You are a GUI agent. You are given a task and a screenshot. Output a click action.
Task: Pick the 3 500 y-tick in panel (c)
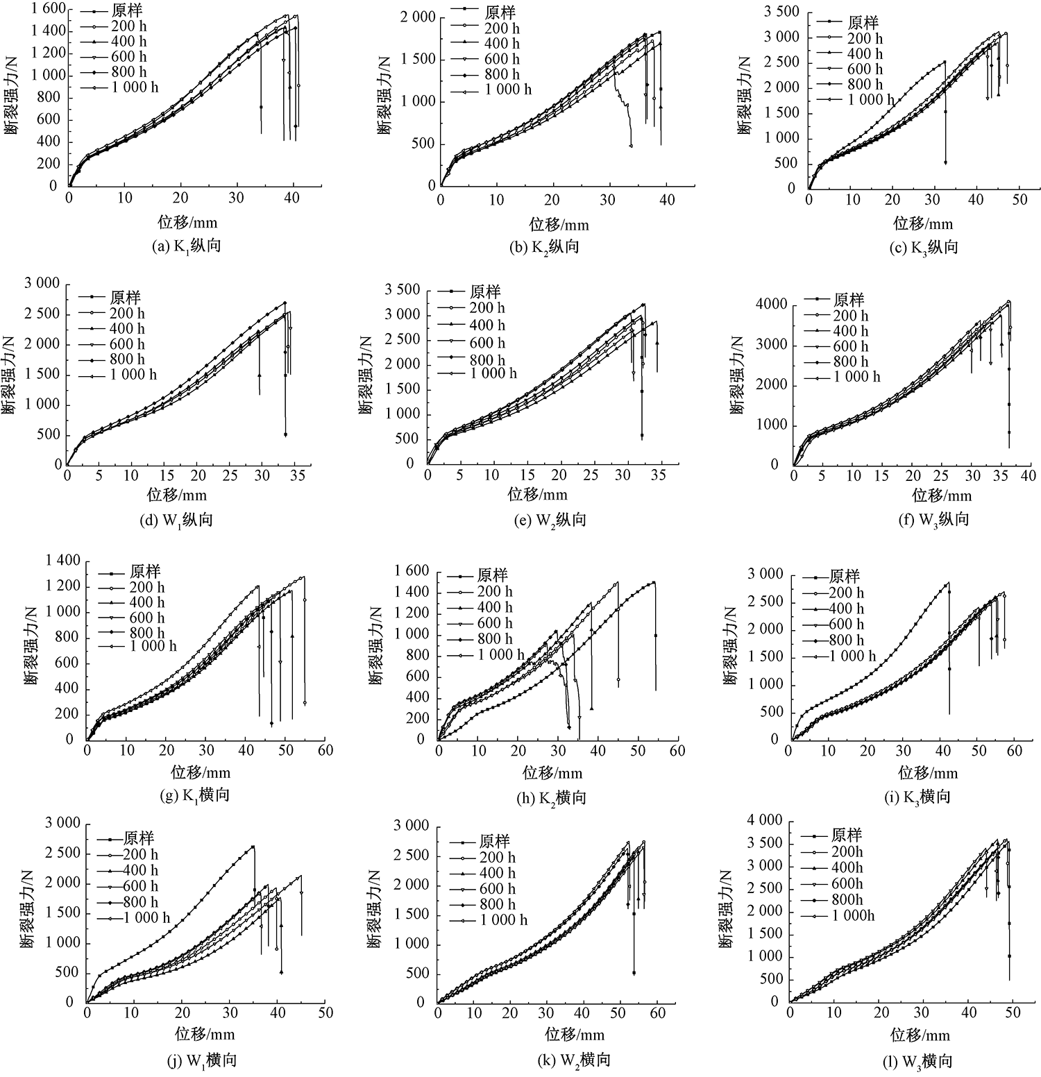pos(781,12)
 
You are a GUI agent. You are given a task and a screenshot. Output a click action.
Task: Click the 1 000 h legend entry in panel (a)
pos(135,87)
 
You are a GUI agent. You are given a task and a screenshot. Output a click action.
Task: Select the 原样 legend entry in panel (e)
pos(484,291)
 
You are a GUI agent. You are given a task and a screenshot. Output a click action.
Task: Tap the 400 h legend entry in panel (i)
pos(846,609)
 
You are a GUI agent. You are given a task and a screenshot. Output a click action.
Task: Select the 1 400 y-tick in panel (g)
pos(63,561)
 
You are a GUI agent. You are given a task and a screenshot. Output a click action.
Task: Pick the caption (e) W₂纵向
pos(552,520)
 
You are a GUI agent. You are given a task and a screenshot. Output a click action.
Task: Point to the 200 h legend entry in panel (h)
pos(495,591)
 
